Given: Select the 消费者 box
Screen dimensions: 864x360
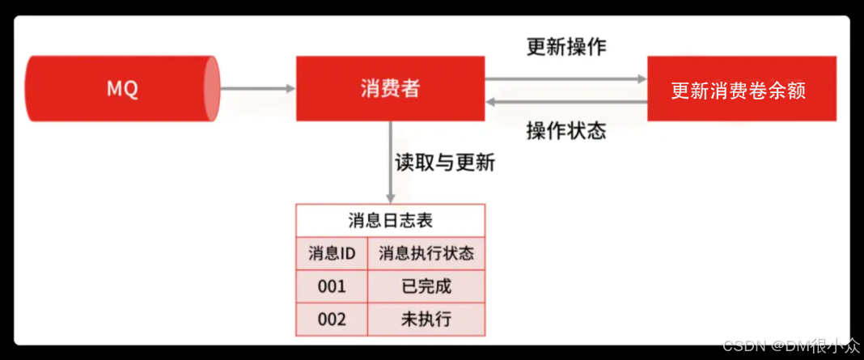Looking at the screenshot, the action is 390,89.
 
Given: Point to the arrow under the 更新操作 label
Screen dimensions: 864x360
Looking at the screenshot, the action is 566,78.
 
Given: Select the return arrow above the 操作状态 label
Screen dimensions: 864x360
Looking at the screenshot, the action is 566,101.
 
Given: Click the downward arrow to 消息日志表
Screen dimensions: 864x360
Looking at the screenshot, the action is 391,162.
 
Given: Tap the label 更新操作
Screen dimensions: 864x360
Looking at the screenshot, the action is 565,47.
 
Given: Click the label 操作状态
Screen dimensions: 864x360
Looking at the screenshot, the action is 565,131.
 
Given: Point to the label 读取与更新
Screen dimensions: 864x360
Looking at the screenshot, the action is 444,162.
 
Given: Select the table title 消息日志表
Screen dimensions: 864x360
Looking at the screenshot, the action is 390,220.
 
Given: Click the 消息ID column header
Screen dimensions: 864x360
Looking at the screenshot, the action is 332,254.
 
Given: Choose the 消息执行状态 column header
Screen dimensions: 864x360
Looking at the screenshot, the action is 426,254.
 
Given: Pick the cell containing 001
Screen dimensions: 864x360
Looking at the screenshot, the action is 332,286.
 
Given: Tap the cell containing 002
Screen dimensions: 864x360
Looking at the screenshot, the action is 332,319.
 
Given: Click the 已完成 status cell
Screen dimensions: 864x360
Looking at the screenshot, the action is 426,286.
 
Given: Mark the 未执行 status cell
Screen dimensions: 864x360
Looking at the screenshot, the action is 426,319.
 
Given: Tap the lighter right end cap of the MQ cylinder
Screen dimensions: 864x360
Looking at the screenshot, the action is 211,89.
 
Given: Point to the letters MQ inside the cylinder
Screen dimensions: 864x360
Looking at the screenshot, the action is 122,89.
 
